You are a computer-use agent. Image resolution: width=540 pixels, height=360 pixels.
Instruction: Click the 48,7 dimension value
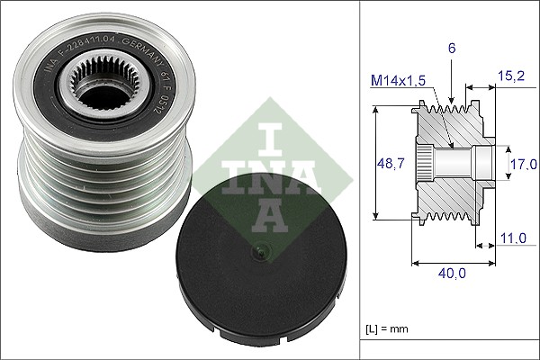coord(385,163)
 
